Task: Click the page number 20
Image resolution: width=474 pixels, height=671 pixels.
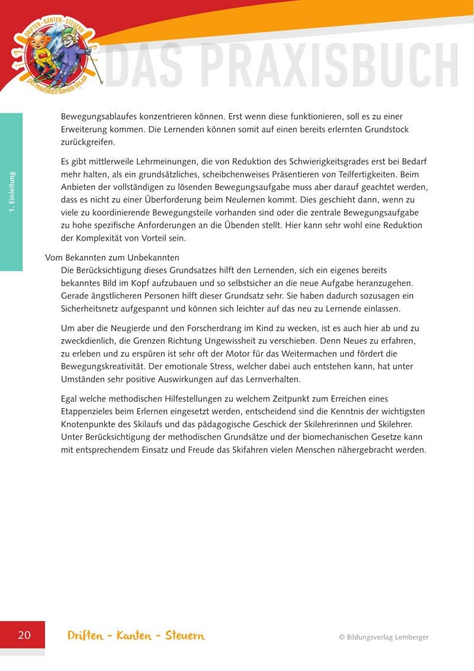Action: pos(24,635)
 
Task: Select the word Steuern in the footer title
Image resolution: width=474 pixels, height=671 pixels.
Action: pos(185,635)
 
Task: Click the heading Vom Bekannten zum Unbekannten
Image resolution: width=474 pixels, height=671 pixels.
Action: pos(112,258)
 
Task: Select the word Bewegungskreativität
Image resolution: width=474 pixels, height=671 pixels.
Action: pos(103,367)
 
